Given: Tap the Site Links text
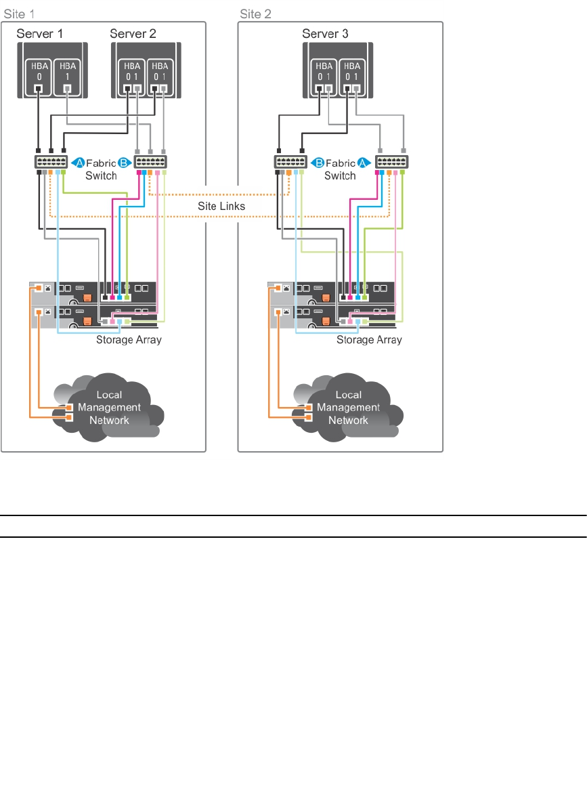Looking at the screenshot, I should (222, 206).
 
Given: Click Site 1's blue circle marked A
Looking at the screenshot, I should (79, 163).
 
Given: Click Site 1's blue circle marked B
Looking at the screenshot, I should (124, 163).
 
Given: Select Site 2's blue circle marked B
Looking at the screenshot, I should (317, 163).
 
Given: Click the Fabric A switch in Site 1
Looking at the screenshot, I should (51, 163).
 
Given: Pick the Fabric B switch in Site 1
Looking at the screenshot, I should (151, 163).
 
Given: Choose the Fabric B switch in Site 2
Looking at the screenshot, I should (290, 163).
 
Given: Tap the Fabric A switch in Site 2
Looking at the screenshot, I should (391, 163).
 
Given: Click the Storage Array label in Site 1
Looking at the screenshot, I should (129, 339).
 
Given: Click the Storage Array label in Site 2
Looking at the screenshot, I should (369, 339).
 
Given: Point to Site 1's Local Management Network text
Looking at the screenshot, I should (110, 407).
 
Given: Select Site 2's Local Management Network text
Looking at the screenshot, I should (348, 407).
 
